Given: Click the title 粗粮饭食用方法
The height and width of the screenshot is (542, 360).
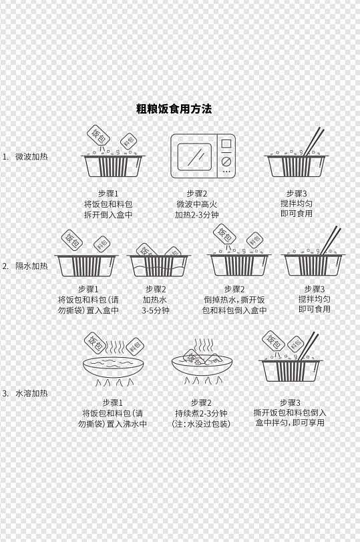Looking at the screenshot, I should click(174, 109).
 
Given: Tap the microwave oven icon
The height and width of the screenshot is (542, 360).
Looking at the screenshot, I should click(202, 156).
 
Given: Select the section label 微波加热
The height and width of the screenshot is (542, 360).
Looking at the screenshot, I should click(31, 157).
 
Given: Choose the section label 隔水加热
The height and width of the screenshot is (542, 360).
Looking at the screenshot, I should click(31, 266).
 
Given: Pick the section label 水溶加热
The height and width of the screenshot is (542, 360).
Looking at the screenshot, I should click(31, 394).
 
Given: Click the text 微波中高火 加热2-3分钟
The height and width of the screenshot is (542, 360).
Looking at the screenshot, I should click(197, 209).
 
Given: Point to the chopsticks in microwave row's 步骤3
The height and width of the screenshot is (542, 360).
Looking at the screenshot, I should click(311, 143).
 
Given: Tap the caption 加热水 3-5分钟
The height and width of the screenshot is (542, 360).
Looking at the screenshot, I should click(155, 304).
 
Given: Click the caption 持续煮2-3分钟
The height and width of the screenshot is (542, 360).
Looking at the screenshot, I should click(201, 413).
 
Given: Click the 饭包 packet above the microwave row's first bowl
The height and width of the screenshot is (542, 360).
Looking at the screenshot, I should click(98, 135).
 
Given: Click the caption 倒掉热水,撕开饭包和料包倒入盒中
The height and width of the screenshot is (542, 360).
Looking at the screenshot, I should click(234, 304).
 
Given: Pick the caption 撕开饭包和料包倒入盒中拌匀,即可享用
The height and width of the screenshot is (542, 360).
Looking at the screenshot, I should click(291, 413).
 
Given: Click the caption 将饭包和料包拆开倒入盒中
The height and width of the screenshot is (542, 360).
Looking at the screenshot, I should click(108, 209).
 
